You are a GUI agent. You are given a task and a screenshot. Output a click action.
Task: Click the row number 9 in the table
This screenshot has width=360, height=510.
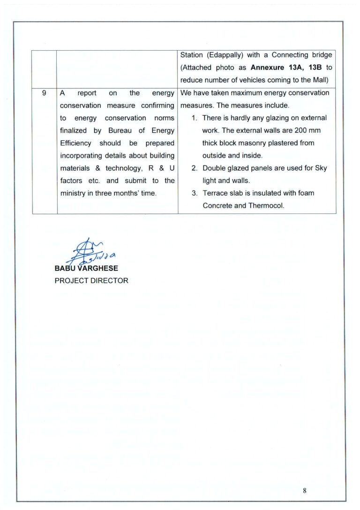coord(44,93)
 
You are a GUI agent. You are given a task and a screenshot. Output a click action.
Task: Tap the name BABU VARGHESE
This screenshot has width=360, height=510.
coord(86,268)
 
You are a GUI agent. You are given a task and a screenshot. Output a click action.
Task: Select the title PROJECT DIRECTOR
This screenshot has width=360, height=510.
coord(91,281)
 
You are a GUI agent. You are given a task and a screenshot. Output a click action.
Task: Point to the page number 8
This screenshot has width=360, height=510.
coord(305,491)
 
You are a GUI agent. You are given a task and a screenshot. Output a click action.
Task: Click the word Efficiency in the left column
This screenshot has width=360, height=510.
coord(76,143)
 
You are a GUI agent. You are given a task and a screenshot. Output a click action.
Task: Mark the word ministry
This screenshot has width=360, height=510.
coord(73,193)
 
